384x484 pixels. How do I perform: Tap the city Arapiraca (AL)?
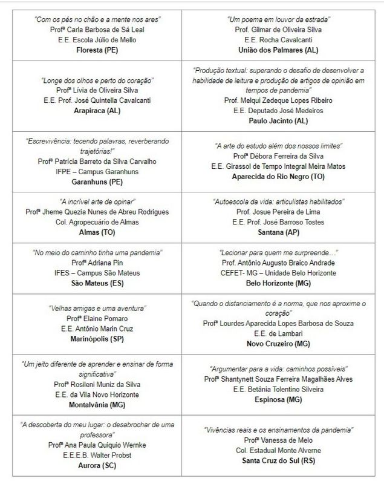[97, 111]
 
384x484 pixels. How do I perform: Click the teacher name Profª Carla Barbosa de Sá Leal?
[97, 28]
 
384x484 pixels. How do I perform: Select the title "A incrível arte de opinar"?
[97, 201]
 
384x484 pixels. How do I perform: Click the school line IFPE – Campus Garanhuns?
[97, 171]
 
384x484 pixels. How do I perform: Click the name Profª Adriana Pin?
[97, 263]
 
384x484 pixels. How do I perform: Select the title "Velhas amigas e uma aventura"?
[97, 308]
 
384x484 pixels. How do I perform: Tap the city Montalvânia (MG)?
[97, 405]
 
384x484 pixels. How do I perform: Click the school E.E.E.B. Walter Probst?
[97, 455]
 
